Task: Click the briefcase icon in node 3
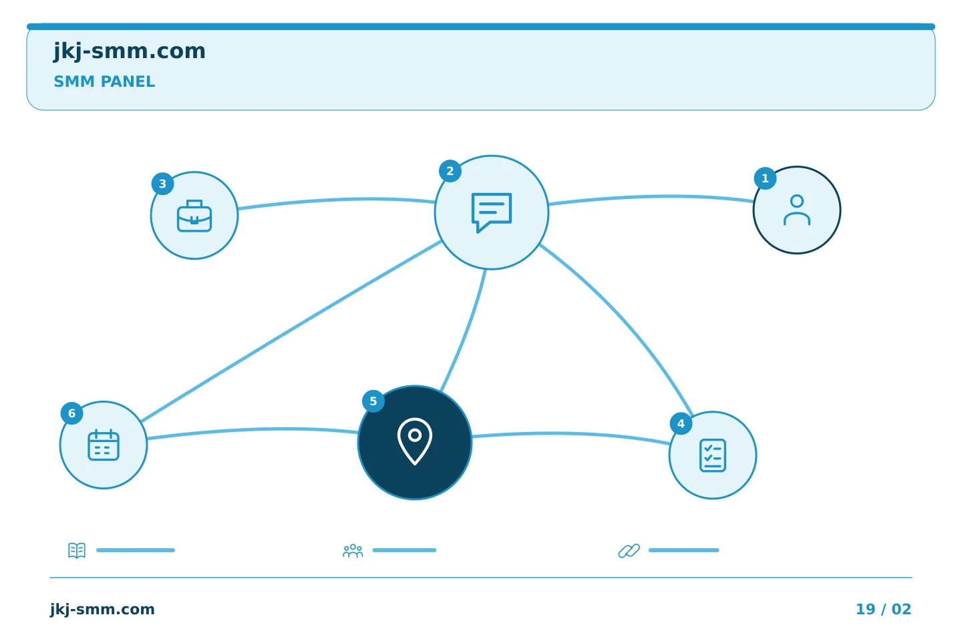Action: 194,216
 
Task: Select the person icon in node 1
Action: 796,210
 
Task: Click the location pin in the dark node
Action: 414,441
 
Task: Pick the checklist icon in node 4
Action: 712,455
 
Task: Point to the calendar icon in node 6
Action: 104,445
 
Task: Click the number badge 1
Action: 765,178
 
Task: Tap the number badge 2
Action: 450,171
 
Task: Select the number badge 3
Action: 162,184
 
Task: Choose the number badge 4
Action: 681,424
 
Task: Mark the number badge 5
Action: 373,401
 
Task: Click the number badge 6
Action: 71,413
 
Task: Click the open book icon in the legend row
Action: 77,550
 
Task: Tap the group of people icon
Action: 353,550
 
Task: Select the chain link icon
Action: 629,550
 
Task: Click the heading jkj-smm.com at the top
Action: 130,51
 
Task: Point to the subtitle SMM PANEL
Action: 104,81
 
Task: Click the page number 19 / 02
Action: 883,609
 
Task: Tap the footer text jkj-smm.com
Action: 102,610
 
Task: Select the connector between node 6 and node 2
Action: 291,331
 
